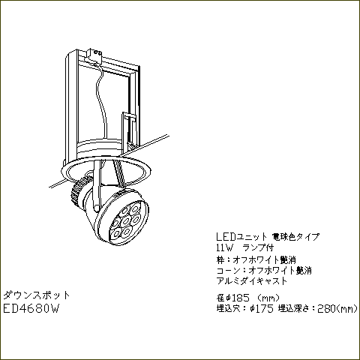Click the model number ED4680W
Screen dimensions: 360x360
tap(31, 309)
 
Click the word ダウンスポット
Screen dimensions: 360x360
tap(36, 295)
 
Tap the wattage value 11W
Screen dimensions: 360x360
tap(224, 248)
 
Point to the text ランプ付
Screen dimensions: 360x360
tap(259, 248)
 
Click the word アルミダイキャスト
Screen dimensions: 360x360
tap(252, 281)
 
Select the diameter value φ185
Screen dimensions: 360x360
tap(238, 298)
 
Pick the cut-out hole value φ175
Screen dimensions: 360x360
tap(262, 309)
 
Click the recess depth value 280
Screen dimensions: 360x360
tap(327, 309)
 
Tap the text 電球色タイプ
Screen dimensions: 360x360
tap(295, 236)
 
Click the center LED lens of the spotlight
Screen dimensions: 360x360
tap(126, 220)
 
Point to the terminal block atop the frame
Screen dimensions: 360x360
tap(94, 55)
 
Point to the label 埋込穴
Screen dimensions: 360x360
tap(228, 309)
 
